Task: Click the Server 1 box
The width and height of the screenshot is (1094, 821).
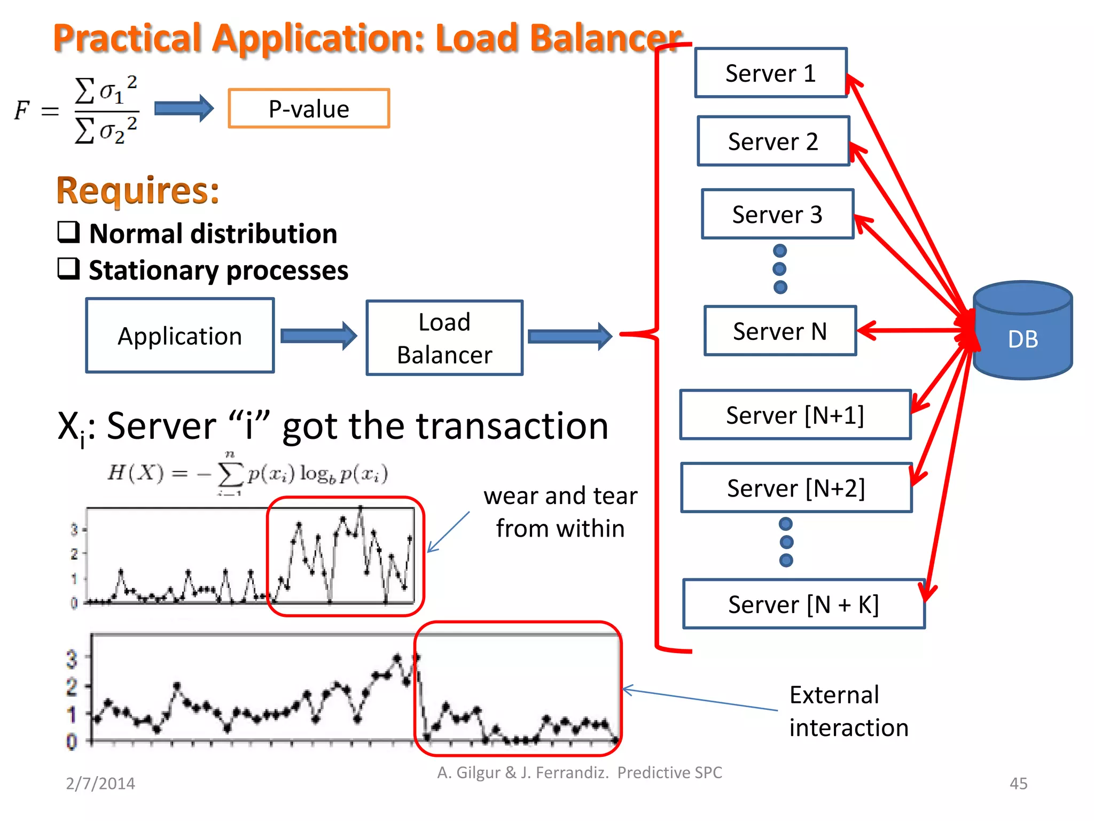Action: coord(770,73)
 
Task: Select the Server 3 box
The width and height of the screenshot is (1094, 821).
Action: coord(777,214)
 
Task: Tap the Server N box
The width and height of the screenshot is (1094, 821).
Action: coord(780,331)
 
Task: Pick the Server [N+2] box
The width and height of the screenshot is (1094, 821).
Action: coord(796,488)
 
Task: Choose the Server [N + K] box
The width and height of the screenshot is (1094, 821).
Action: coord(803,605)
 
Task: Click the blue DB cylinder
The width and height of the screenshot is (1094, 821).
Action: coord(1022,331)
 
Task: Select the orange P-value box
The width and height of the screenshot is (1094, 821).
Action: coord(309,109)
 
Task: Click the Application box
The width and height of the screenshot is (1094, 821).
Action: coord(180,336)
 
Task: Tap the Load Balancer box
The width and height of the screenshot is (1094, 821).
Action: coord(444,338)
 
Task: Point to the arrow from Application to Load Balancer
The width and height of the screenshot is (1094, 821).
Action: coord(318,336)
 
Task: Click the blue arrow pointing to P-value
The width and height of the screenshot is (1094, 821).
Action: coord(183,109)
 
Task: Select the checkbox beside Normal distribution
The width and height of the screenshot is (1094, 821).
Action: coord(69,233)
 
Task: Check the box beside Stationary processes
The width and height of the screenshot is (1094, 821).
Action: coord(69,269)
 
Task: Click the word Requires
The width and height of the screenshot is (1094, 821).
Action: coord(138,190)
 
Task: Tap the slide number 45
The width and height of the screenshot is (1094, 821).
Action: coord(1018,783)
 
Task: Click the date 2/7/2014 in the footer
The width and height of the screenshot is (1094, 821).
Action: coord(100,783)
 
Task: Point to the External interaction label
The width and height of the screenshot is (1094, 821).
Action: coord(848,711)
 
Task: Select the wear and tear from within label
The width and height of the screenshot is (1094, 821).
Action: coord(560,512)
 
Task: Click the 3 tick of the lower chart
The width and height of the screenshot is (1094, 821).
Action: coord(72,659)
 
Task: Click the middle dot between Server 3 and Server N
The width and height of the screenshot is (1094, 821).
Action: coord(780,269)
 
